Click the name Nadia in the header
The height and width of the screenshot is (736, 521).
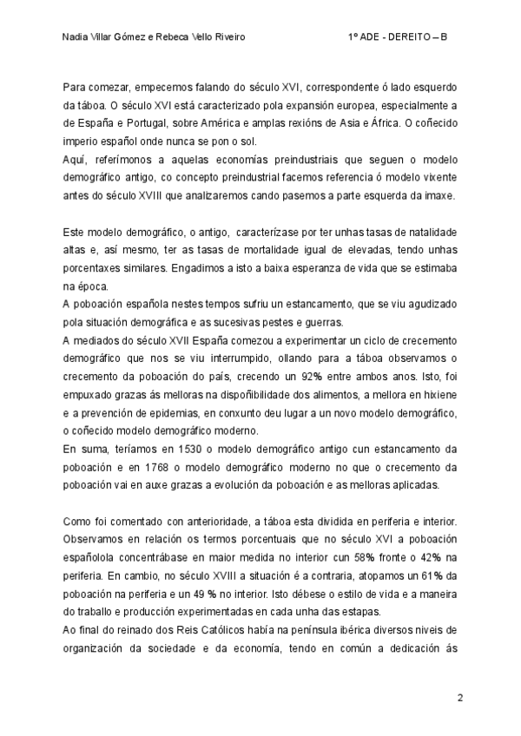(x=77, y=37)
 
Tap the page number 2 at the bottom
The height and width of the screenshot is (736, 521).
(x=460, y=697)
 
